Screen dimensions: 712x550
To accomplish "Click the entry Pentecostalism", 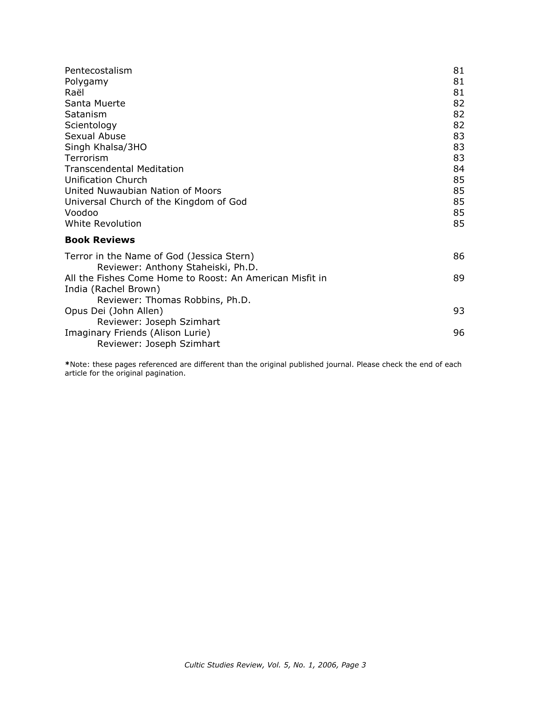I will point(98,71).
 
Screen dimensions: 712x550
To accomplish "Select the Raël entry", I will point(74,93).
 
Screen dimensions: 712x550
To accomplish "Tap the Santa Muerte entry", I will point(95,103).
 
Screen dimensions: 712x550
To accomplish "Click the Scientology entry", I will point(91,126).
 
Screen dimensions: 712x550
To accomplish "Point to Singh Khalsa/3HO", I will point(106,147).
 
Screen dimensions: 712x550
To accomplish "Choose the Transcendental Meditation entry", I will point(124,169).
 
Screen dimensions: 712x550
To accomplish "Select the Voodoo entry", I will point(81,213).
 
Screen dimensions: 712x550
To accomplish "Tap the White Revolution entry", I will point(103,224).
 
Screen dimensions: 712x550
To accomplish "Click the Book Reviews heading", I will point(100,240).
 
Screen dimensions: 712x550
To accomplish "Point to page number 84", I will point(458,169).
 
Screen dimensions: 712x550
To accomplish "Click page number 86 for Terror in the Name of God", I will point(458,257).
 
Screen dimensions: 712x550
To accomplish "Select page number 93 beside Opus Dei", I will point(458,311).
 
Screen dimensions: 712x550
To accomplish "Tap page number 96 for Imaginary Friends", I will point(458,333).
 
